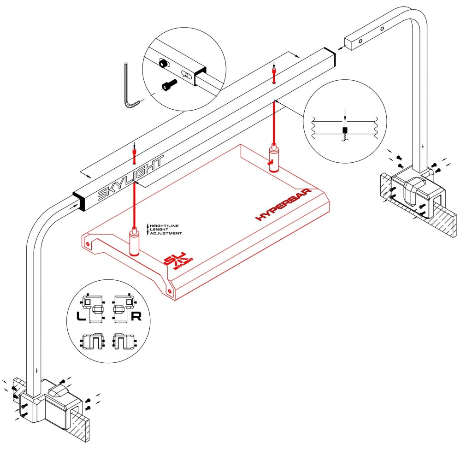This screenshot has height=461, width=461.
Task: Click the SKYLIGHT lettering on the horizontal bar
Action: [x=130, y=180]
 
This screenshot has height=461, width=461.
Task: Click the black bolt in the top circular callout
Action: [x=170, y=84]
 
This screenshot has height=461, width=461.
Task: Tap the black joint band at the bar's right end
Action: [x=330, y=55]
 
